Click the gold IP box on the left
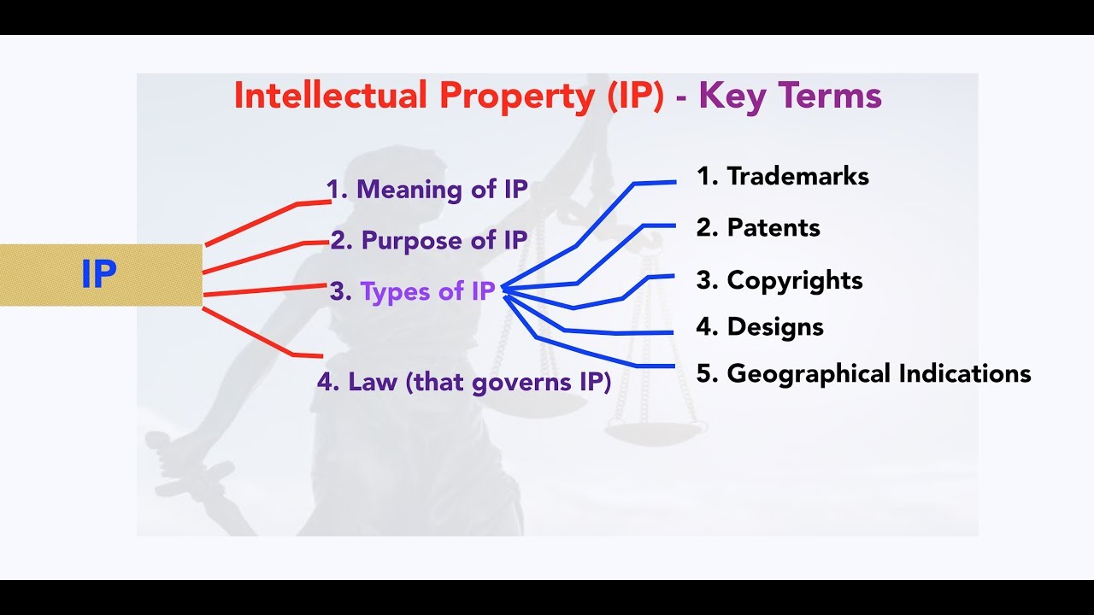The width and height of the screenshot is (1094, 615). (x=101, y=275)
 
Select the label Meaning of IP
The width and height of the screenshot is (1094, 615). (x=427, y=189)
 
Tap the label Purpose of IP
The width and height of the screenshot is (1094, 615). (x=429, y=240)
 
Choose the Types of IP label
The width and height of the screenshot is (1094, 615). (x=413, y=291)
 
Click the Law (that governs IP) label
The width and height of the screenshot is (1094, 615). (x=464, y=381)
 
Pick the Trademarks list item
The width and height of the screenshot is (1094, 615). (x=782, y=176)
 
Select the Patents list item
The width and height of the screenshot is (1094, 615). (x=758, y=227)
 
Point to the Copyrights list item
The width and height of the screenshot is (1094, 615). (x=779, y=280)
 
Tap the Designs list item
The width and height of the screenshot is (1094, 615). (x=760, y=326)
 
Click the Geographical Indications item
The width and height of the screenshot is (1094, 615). (x=863, y=373)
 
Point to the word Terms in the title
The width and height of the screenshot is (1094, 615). (x=835, y=96)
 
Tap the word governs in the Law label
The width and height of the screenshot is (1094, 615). (x=517, y=382)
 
